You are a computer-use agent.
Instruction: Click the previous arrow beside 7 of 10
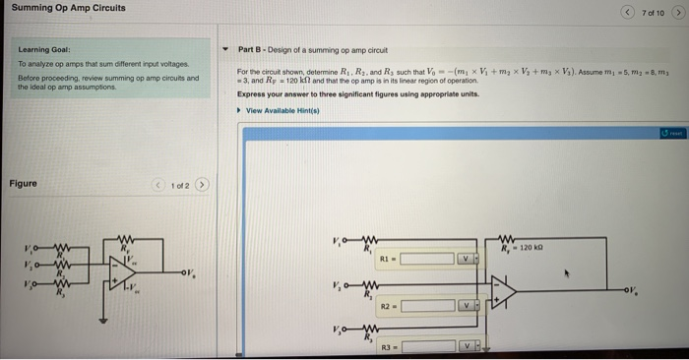click(628, 12)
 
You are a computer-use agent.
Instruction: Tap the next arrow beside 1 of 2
click(202, 184)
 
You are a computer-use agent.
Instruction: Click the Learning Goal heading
click(40, 49)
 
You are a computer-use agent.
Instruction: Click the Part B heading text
click(313, 49)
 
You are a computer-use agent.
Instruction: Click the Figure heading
click(24, 184)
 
